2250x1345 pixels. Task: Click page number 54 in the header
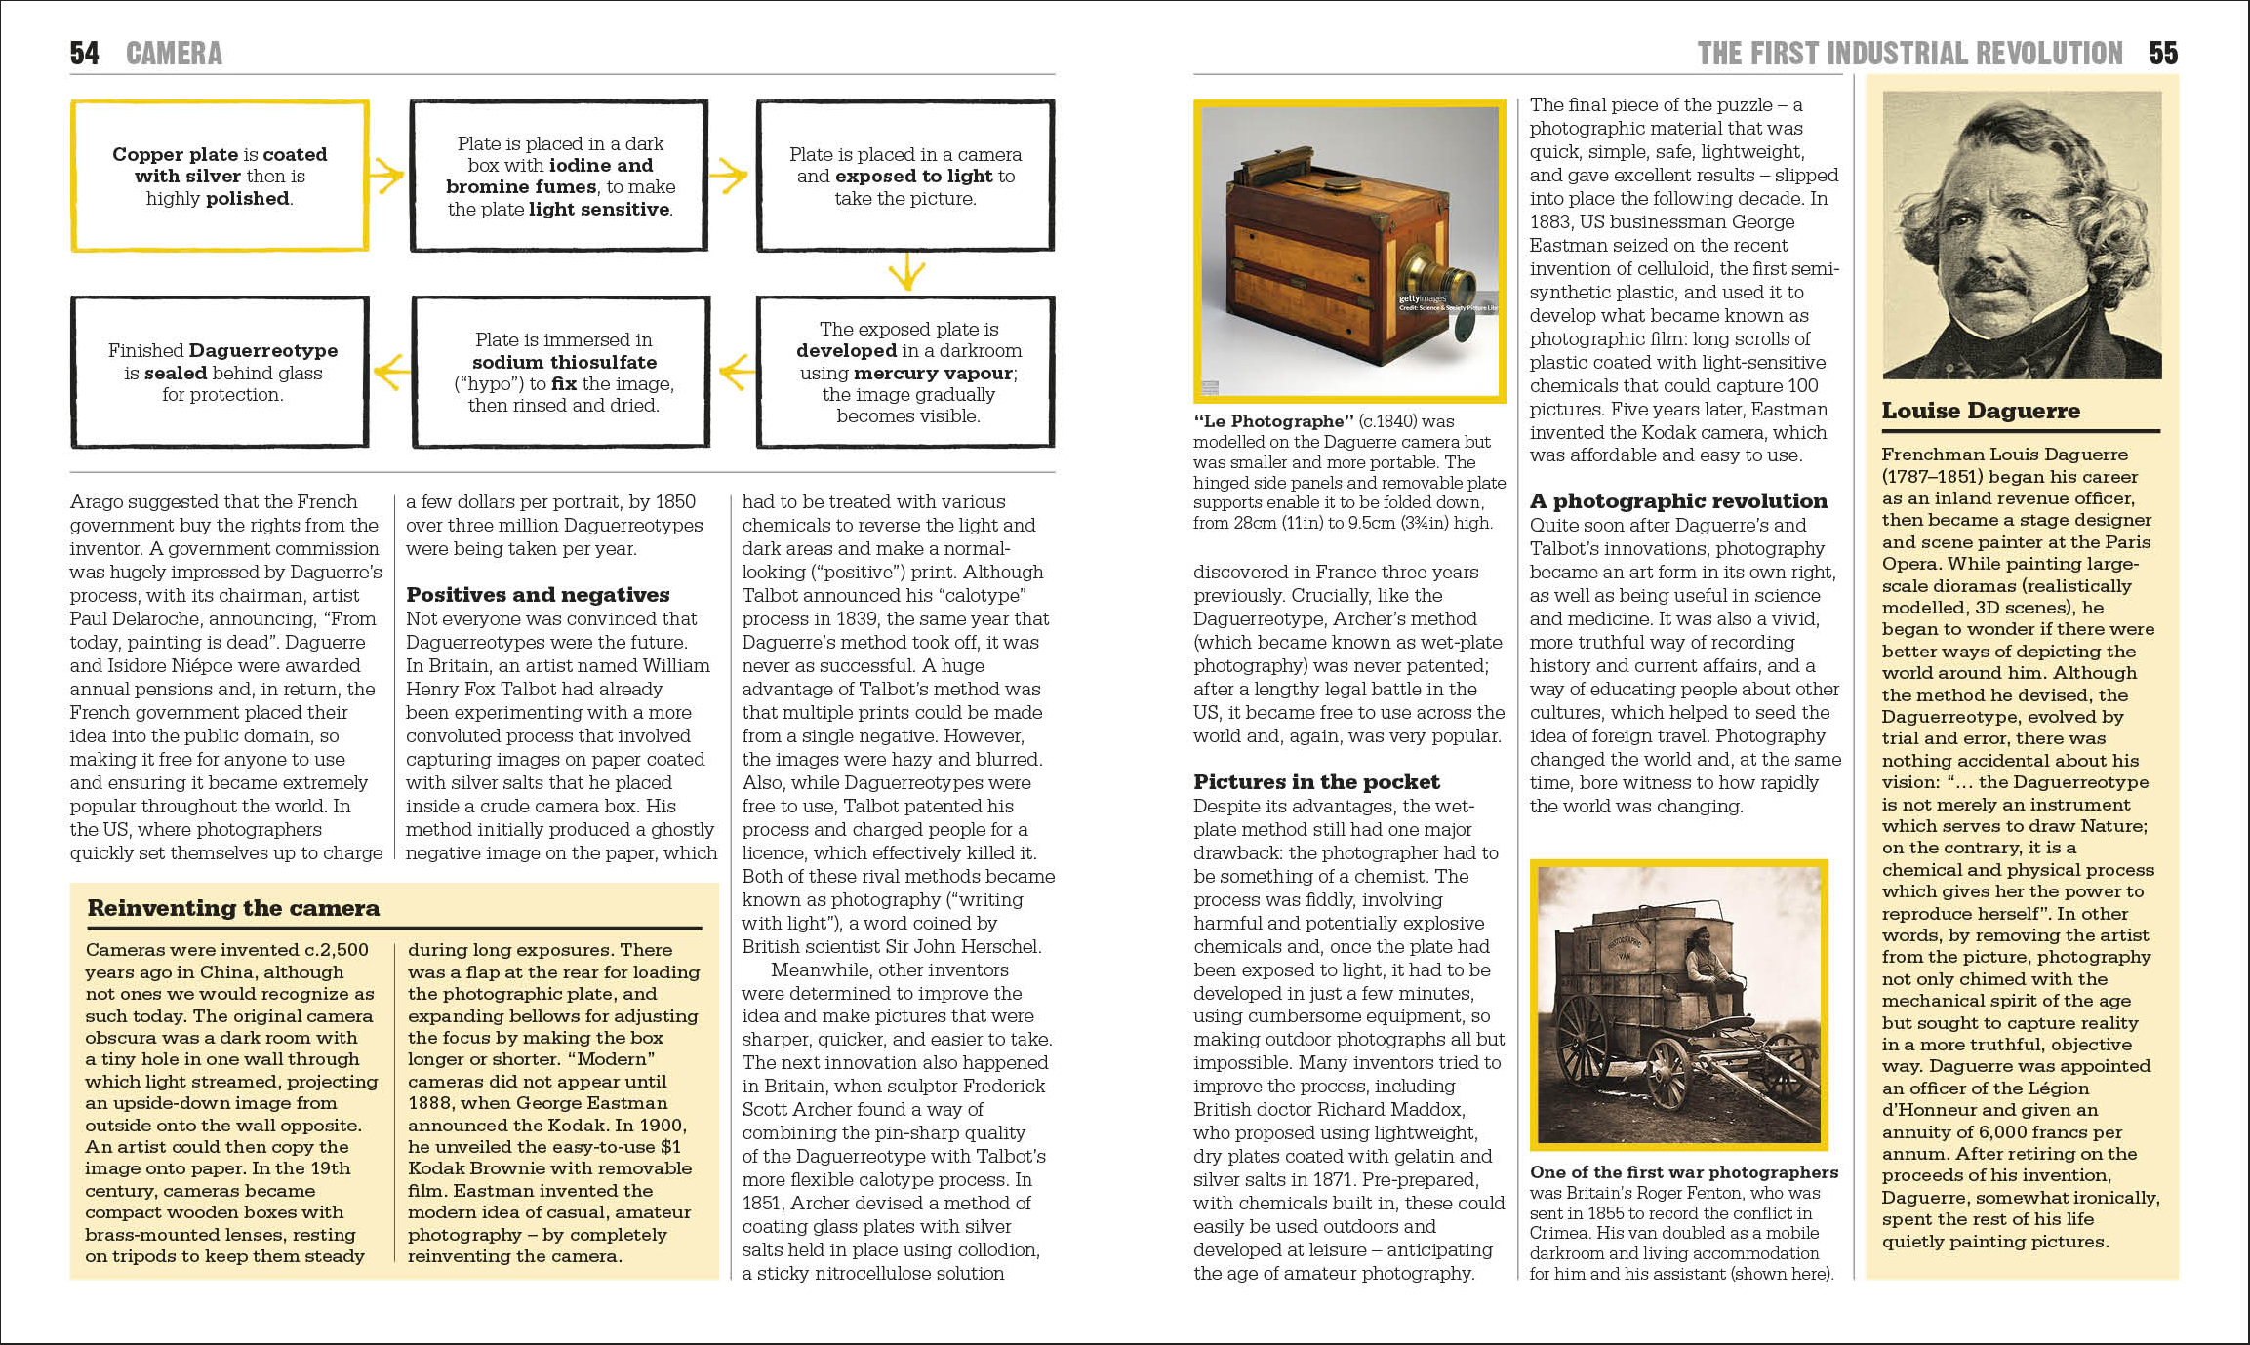(85, 53)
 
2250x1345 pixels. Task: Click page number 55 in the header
(2162, 53)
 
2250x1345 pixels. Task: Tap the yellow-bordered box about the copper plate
(220, 176)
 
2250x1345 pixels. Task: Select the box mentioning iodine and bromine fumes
(559, 176)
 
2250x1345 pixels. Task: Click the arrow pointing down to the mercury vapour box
(906, 272)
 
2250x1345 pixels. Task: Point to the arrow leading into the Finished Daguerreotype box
(391, 372)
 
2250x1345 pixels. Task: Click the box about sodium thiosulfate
(562, 372)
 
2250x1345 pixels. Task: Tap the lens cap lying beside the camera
(1465, 329)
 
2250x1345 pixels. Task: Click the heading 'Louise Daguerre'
(1981, 411)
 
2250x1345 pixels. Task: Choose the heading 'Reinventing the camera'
(233, 908)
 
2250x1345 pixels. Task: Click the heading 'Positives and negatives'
(538, 595)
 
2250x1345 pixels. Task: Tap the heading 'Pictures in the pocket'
(1316, 782)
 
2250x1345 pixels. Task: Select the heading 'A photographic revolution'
(1678, 501)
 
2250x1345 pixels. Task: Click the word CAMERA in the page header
(174, 53)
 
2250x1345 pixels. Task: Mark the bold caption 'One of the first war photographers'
(1683, 1172)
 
